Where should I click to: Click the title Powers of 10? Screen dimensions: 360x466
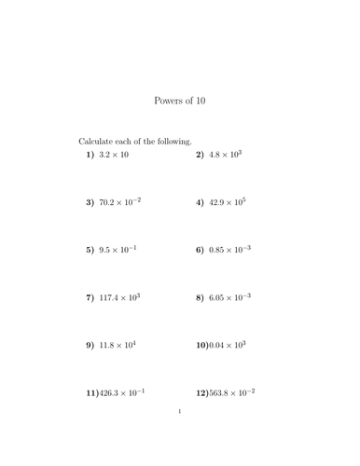[179, 101]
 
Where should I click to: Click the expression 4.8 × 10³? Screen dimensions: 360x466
[226, 154]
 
